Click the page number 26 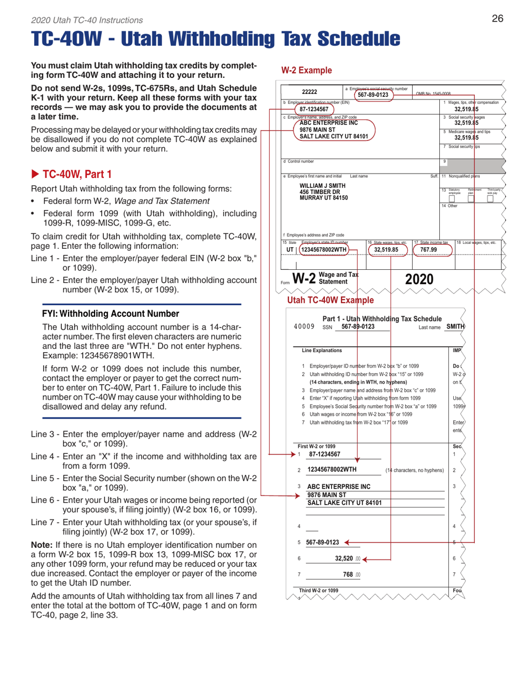[497, 19]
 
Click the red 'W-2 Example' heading [307, 70]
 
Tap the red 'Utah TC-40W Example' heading [330, 300]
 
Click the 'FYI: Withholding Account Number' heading [111, 313]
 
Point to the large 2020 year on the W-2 [419, 280]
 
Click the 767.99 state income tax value [428, 249]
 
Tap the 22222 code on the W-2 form [309, 92]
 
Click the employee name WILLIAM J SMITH [323, 186]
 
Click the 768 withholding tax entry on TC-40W [348, 575]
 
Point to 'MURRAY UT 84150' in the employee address [324, 198]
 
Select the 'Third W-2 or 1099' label [318, 590]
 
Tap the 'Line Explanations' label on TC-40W [322, 351]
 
